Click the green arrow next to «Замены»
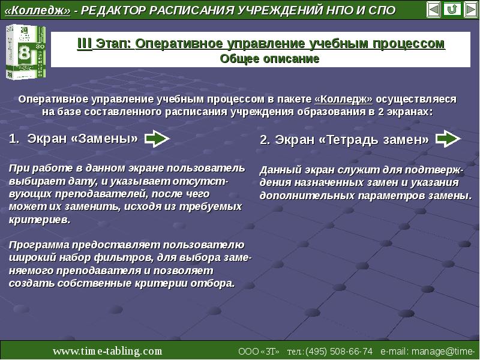pyautogui.click(x=157, y=139)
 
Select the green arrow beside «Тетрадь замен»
pyautogui.click(x=448, y=139)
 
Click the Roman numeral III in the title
pyautogui.click(x=84, y=44)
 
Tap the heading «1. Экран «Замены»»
pyautogui.click(x=74, y=139)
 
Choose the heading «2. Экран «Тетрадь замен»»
pyautogui.click(x=344, y=140)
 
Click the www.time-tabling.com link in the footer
pyautogui.click(x=107, y=350)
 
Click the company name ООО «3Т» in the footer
pyautogui.click(x=259, y=351)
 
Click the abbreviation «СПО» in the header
pyautogui.click(x=382, y=11)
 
